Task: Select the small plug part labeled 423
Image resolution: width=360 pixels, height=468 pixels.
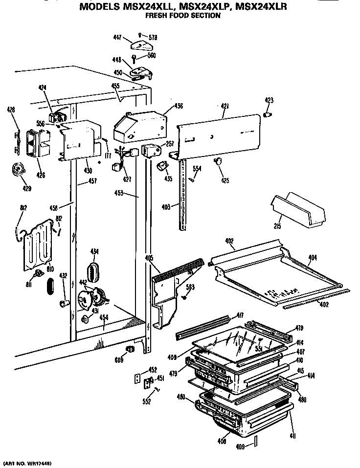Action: click(267, 114)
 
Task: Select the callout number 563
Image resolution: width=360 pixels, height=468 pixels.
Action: click(190, 287)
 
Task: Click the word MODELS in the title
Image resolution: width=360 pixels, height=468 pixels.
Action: click(100, 7)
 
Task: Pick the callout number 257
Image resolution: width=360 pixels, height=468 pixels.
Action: click(170, 145)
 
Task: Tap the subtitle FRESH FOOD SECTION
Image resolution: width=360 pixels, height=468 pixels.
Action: click(183, 16)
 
